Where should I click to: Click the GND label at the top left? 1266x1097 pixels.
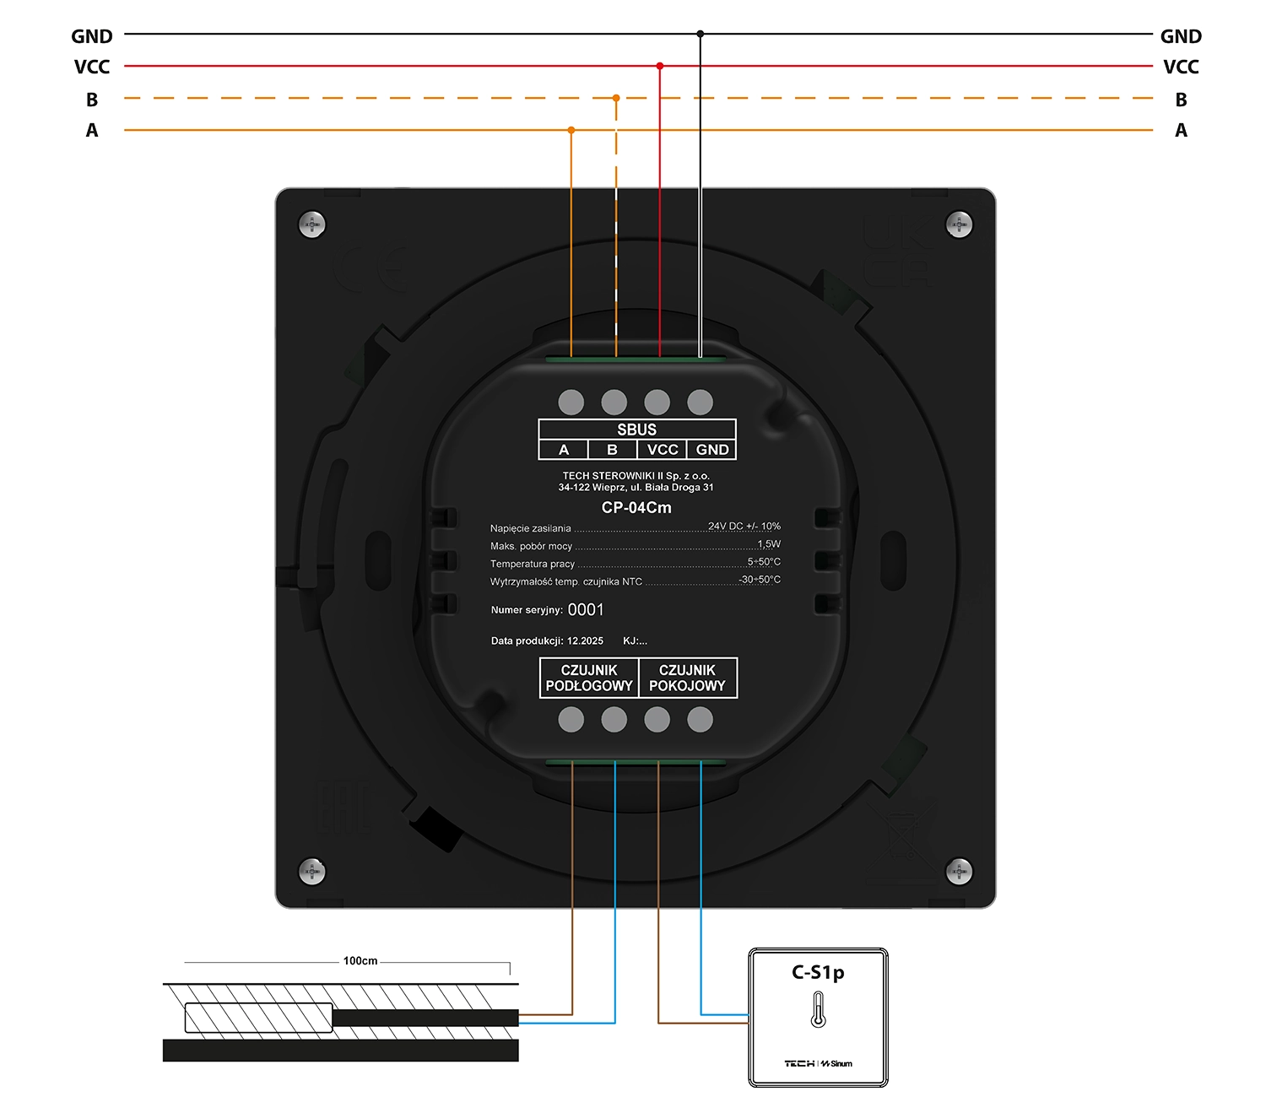(92, 36)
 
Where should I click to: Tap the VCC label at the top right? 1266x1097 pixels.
(1181, 67)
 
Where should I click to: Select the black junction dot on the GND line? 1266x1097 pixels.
(701, 34)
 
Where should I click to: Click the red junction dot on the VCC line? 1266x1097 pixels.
(660, 66)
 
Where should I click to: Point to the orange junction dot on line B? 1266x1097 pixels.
(616, 98)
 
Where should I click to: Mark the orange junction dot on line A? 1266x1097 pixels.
(571, 130)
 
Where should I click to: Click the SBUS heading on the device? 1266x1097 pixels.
(636, 430)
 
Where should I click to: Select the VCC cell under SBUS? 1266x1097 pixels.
(663, 450)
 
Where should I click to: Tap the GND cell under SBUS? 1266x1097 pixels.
(712, 450)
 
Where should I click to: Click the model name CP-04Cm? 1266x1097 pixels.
(636, 507)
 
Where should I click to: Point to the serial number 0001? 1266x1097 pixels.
(586, 609)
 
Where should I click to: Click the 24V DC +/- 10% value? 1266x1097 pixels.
(744, 526)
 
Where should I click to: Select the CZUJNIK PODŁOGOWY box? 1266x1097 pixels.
(589, 678)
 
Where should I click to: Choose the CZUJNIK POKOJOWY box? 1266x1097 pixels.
(687, 678)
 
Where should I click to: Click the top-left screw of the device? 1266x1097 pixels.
(312, 224)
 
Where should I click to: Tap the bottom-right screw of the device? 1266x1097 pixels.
(959, 871)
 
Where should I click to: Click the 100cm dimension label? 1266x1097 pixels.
(360, 961)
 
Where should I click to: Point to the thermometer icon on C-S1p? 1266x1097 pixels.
(818, 1009)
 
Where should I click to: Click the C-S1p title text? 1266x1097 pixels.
(818, 972)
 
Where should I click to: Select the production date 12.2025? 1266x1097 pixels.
(585, 641)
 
